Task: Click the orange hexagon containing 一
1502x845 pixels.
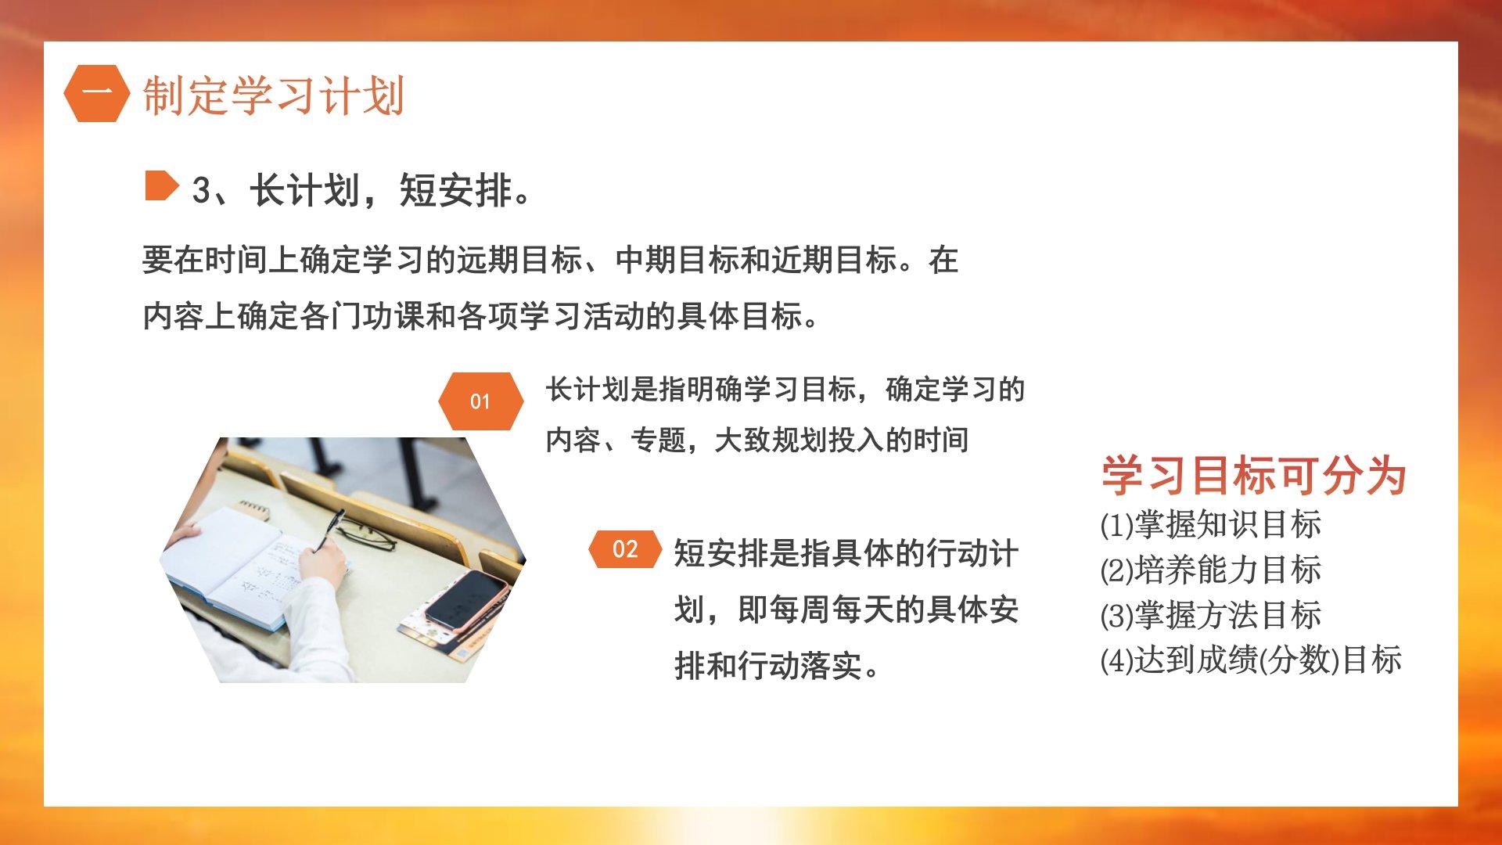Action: pos(97,94)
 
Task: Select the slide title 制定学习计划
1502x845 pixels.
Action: pos(273,95)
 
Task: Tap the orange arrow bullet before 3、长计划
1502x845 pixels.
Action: pos(162,186)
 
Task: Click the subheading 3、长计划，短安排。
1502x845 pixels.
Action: pos(361,190)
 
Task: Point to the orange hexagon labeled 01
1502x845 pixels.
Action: pos(480,401)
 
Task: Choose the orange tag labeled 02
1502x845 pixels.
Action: pos(625,549)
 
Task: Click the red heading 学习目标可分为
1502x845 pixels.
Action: pos(1254,475)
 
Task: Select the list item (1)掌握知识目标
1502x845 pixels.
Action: pos(1211,524)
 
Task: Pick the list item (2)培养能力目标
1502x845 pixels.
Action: pos(1211,570)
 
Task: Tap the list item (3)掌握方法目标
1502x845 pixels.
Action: pos(1211,615)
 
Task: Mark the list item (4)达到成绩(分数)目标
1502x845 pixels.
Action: pos(1251,660)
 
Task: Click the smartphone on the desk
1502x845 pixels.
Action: pos(466,599)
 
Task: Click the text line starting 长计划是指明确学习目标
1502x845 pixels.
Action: pos(785,390)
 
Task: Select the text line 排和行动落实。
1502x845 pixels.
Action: pos(778,666)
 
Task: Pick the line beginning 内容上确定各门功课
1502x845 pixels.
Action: pos(481,317)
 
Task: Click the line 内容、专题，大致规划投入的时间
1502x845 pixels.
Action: pos(757,440)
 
